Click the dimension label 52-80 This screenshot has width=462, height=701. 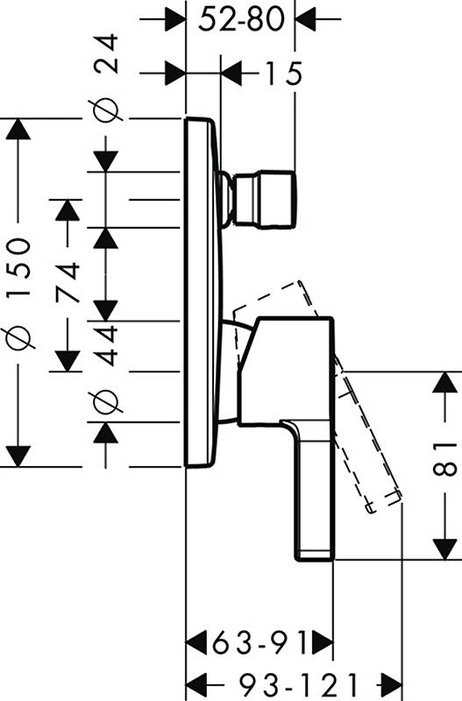[241, 19]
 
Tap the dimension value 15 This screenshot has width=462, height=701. [284, 73]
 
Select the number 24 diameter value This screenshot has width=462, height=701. [107, 53]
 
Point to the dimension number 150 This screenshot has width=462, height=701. [18, 269]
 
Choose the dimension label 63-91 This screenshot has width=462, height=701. [260, 644]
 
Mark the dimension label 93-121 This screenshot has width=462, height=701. [299, 684]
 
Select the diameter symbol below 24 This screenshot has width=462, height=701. [107, 110]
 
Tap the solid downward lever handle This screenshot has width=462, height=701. [313, 490]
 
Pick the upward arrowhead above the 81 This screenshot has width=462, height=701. [444, 382]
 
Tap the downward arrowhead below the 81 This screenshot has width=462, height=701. [444, 549]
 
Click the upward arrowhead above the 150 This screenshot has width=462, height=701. [18, 130]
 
